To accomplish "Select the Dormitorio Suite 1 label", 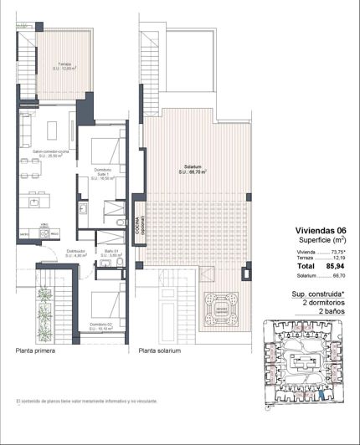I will (x=101, y=175).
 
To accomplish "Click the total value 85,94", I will (x=336, y=266).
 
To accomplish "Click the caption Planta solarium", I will (x=160, y=352).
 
